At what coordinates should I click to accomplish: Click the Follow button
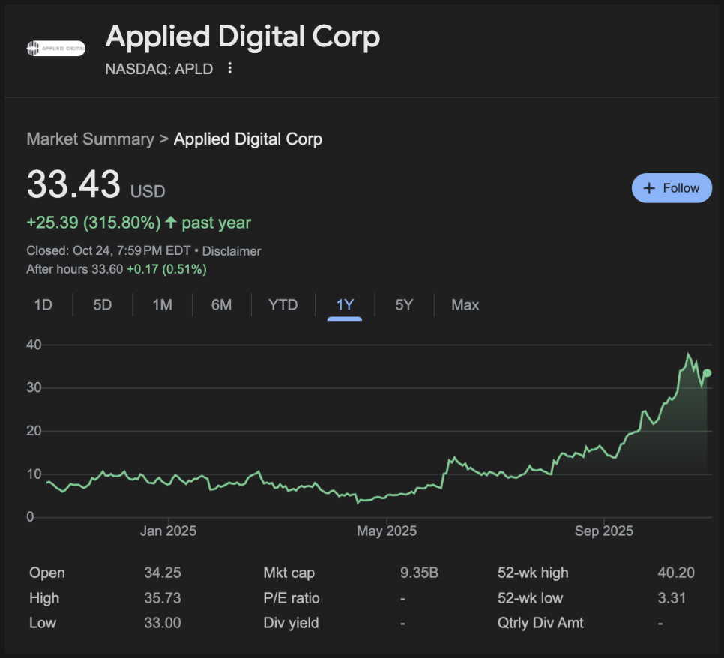[671, 188]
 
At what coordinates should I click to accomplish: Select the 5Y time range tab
[404, 305]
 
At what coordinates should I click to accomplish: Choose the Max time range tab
[465, 305]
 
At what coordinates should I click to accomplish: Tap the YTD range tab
[283, 305]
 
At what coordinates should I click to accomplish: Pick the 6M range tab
[221, 305]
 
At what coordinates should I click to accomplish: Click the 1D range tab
[43, 305]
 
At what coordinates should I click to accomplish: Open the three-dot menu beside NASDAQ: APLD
[230, 68]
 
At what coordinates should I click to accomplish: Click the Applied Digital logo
[56, 49]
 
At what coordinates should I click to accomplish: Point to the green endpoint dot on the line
[707, 373]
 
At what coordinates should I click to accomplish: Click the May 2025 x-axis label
[387, 531]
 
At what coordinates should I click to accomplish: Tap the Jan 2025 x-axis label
[169, 531]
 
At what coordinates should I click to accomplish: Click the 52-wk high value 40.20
[675, 573]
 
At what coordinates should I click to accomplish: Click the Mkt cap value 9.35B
[419, 573]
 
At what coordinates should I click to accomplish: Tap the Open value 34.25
[163, 573]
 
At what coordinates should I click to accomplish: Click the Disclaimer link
[232, 251]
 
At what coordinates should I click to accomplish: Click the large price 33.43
[73, 184]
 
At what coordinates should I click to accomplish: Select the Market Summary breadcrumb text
[90, 139]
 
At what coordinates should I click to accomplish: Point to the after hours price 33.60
[106, 269]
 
